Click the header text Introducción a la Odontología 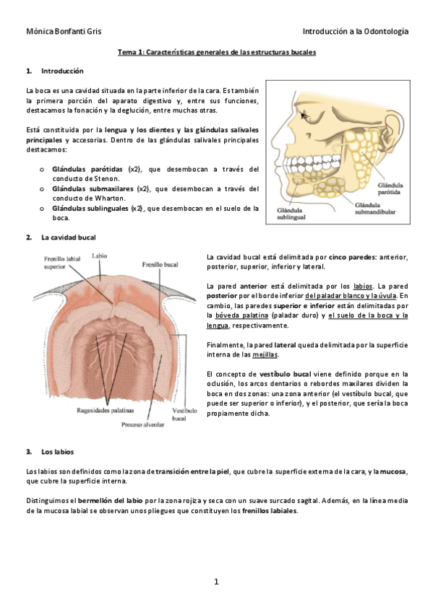(x=355, y=32)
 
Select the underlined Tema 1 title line (x=217, y=53)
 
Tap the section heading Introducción (x=62, y=71)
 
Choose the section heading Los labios (x=56, y=453)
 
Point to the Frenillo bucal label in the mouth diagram (x=160, y=264)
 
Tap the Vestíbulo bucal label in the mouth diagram (x=184, y=414)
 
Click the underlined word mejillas (x=267, y=354)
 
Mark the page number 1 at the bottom (x=216, y=582)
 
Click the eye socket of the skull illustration (x=309, y=115)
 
